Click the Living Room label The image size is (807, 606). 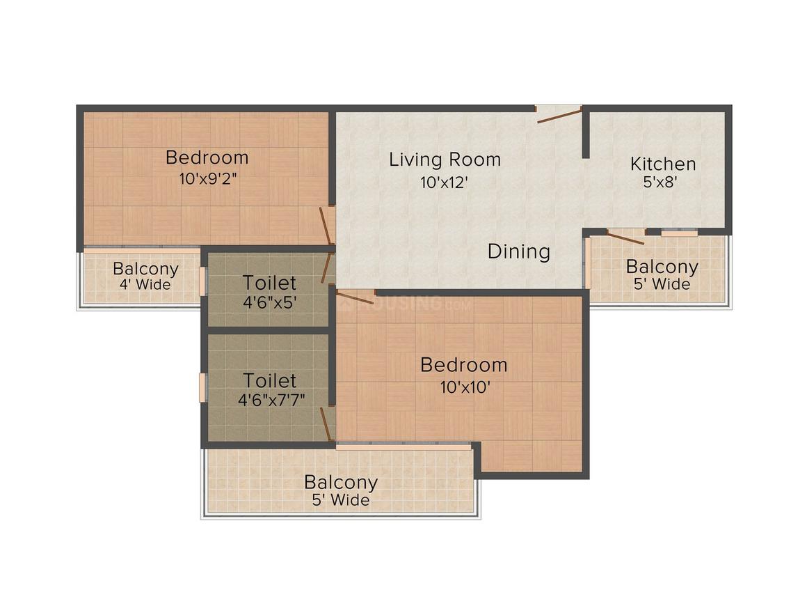(x=445, y=160)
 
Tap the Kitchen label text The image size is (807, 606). (x=663, y=164)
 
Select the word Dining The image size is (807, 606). (x=519, y=251)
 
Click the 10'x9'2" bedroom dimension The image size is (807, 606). (x=208, y=179)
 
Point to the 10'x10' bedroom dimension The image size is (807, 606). (x=465, y=387)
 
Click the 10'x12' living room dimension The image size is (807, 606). (x=444, y=182)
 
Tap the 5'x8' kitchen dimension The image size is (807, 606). (x=660, y=182)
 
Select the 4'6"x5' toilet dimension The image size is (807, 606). (x=270, y=302)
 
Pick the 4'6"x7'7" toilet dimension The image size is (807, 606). (x=271, y=399)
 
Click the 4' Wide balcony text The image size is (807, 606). (x=145, y=284)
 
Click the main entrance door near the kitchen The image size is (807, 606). (x=559, y=114)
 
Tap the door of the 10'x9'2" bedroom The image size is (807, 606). (x=326, y=225)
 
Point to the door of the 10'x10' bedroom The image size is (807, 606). (x=355, y=297)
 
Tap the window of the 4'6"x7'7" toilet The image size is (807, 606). (x=202, y=387)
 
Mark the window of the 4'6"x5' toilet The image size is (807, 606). (x=202, y=281)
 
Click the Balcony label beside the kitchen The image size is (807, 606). (x=662, y=267)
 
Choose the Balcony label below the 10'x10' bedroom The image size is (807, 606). (x=341, y=482)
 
